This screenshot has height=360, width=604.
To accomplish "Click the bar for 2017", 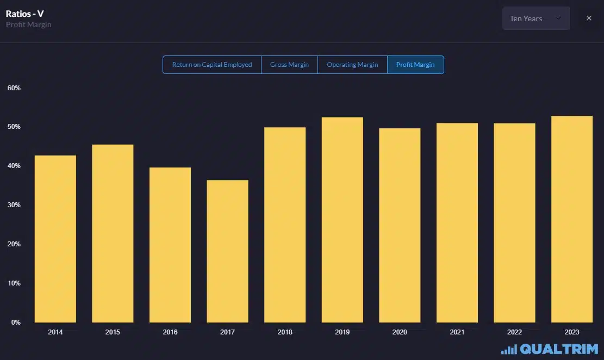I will click(x=227, y=251).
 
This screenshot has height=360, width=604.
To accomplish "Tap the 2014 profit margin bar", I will click(x=55, y=239).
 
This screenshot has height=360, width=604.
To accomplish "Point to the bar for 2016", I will click(x=170, y=245).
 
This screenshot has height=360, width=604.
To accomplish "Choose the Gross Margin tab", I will click(x=289, y=65).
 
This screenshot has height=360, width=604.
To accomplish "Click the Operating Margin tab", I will click(x=352, y=65).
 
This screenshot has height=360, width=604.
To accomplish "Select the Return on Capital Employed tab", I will click(x=212, y=65).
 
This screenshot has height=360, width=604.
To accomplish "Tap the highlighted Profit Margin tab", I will click(x=415, y=65).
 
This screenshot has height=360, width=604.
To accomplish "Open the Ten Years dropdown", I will click(x=535, y=18).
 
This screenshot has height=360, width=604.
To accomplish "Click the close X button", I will click(x=589, y=18).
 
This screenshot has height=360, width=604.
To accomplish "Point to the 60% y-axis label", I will click(x=14, y=88).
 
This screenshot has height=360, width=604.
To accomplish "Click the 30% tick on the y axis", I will click(x=14, y=205).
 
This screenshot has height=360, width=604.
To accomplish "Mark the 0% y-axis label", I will click(x=15, y=322).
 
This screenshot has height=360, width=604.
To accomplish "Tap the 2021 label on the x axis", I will click(x=457, y=332).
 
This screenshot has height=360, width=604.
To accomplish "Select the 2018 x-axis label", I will click(x=285, y=332).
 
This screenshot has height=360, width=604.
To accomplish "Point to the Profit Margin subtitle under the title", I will click(x=29, y=25).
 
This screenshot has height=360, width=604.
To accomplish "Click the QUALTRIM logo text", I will click(x=559, y=349).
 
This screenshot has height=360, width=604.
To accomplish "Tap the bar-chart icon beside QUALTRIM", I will click(x=509, y=350).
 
